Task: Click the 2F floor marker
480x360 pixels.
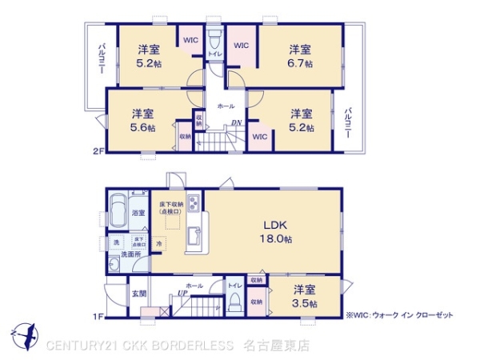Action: coord(98,150)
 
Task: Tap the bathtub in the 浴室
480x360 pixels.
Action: coord(118,213)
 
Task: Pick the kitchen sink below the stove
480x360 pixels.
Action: coord(193,238)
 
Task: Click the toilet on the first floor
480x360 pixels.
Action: coord(235,302)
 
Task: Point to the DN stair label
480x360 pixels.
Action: coord(237,122)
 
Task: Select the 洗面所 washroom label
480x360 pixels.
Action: coord(130,254)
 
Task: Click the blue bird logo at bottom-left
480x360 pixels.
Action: coord(25,334)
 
